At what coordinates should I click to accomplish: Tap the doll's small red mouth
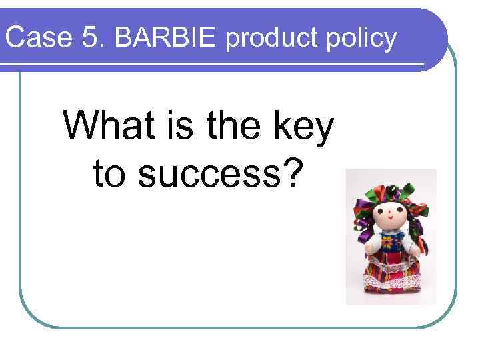(x=390, y=221)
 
